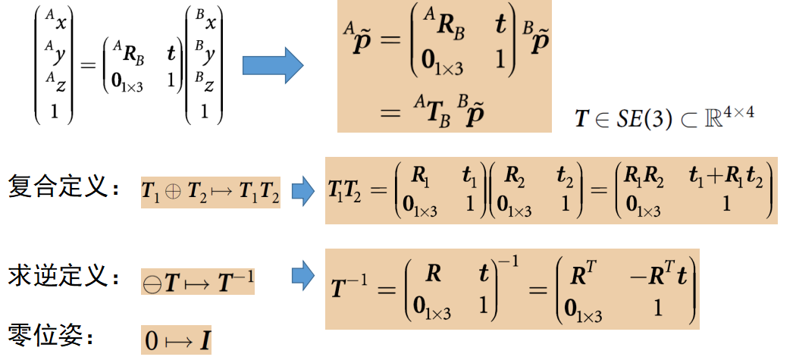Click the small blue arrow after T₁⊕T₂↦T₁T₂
click(x=302, y=191)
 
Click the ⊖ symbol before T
click(x=152, y=284)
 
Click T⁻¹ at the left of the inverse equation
click(x=352, y=286)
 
